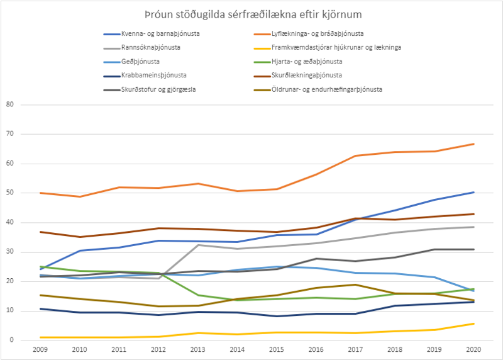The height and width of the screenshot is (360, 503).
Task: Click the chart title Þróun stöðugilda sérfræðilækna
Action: pyautogui.click(x=251, y=14)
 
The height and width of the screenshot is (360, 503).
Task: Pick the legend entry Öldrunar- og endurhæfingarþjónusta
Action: pyautogui.click(x=326, y=89)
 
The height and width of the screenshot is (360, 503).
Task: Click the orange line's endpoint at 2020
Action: pyautogui.click(x=473, y=144)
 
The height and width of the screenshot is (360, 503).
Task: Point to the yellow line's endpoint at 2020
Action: pyautogui.click(x=473, y=323)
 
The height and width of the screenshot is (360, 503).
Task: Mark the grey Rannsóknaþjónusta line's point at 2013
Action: pyautogui.click(x=198, y=245)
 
